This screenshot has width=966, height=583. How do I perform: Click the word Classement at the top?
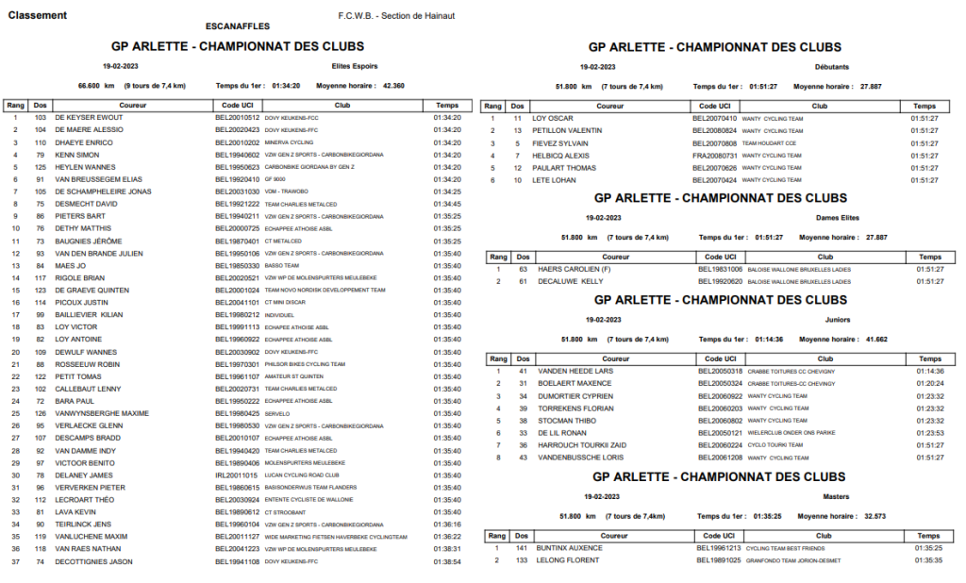[37, 15]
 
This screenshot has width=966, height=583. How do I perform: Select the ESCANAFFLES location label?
[237, 26]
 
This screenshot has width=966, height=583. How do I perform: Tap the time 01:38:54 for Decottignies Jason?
[447, 561]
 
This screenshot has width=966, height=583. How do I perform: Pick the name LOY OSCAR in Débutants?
[553, 118]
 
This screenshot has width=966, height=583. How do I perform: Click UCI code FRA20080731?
[717, 155]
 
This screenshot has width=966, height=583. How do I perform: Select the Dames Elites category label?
[837, 216]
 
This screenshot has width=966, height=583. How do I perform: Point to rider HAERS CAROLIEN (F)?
[575, 269]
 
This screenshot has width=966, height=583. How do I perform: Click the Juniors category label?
[838, 319]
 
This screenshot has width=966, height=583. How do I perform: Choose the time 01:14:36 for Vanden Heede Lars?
[929, 371]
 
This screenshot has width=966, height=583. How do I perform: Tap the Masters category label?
[837, 495]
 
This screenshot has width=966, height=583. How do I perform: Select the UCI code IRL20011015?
[237, 475]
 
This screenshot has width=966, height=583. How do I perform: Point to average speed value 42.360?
[393, 85]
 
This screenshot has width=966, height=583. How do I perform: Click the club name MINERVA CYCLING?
[290, 142]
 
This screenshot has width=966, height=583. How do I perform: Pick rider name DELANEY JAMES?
[84, 475]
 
